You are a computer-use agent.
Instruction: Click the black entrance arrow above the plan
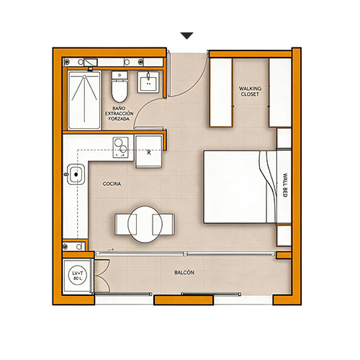(x=187, y=35)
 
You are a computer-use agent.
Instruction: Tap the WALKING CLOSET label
(x=250, y=91)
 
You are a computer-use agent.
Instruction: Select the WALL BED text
(x=285, y=185)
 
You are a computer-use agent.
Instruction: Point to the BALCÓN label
(x=184, y=272)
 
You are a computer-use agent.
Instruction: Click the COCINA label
(x=112, y=184)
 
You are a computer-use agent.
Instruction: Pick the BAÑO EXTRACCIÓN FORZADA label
(x=119, y=114)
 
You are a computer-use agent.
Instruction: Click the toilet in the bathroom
(x=120, y=86)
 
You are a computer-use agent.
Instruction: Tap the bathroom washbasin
(x=148, y=82)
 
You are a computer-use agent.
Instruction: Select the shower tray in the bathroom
(x=84, y=100)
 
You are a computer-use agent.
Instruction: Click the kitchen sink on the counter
(x=76, y=174)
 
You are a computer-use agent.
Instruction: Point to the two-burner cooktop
(x=121, y=148)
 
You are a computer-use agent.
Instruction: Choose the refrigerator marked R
(x=149, y=151)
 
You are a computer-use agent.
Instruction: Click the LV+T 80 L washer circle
(x=78, y=276)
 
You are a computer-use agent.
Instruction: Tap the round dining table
(x=145, y=225)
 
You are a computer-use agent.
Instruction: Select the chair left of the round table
(x=126, y=225)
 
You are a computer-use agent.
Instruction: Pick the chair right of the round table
(x=163, y=225)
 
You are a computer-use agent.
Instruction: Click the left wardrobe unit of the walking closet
(x=221, y=92)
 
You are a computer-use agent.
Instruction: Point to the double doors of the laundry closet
(x=102, y=276)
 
